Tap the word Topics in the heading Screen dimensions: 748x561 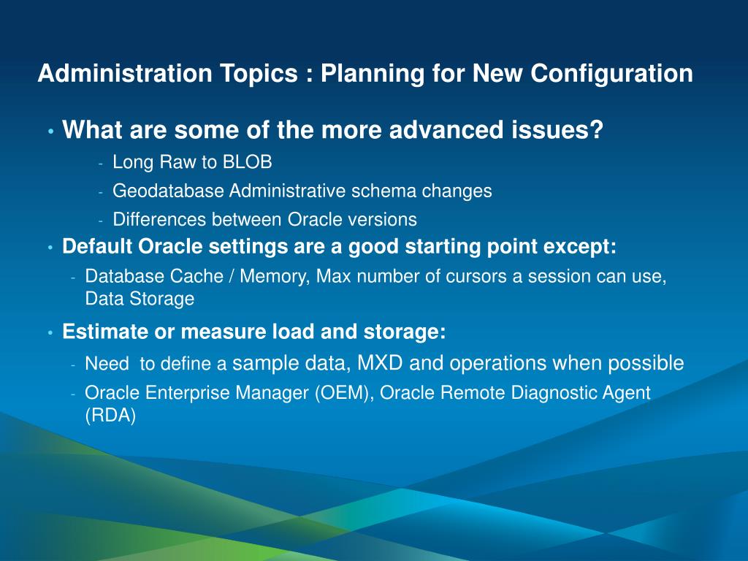point(259,75)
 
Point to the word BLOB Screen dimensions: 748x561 point(247,162)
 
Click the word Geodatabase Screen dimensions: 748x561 point(168,191)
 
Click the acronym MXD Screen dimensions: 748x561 point(380,363)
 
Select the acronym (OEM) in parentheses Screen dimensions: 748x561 point(343,393)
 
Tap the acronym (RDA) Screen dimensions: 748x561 point(110,416)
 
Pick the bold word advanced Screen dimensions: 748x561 point(446,130)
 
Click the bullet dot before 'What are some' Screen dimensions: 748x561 point(51,131)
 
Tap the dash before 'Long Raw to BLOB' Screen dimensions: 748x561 point(101,164)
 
